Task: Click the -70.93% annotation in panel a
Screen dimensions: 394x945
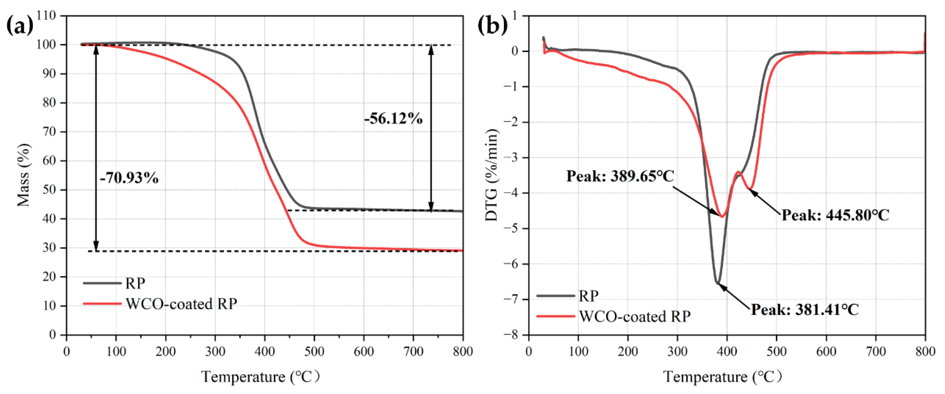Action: tap(129, 178)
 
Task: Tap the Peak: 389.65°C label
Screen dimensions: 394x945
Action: tap(620, 176)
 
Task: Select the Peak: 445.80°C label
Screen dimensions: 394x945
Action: tap(835, 215)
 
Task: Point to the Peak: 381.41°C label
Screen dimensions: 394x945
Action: tap(805, 310)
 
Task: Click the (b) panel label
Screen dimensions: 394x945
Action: tap(492, 26)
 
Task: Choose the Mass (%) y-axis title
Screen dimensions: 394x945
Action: tap(23, 175)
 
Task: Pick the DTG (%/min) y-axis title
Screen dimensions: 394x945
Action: tap(492, 175)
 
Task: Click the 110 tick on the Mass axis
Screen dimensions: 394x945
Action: tap(46, 15)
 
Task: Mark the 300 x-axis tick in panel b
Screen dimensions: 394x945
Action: tap(677, 352)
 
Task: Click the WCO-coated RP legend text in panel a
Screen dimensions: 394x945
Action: tap(182, 304)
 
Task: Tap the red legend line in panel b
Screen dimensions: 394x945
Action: tap(555, 316)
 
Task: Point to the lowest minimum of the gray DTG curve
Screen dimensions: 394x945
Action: tap(717, 283)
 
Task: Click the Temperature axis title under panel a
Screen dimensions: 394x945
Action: tap(261, 377)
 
